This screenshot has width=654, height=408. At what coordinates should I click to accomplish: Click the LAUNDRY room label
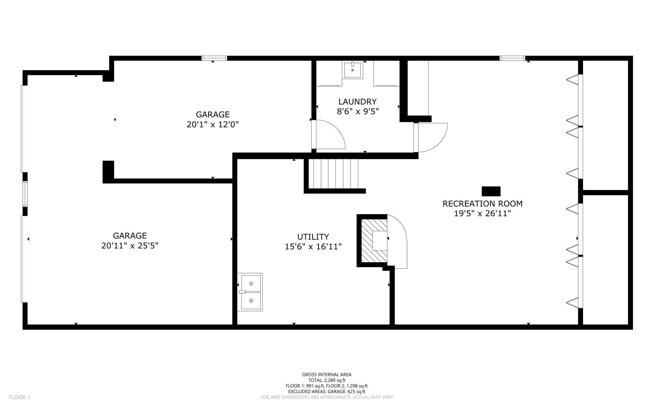tap(357, 101)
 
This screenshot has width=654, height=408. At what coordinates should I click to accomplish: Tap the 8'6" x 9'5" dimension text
tap(357, 112)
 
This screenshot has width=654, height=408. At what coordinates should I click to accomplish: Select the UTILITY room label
tap(313, 237)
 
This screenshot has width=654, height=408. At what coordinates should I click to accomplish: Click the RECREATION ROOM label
tap(482, 204)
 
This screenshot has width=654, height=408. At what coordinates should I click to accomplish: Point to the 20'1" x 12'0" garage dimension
tap(213, 124)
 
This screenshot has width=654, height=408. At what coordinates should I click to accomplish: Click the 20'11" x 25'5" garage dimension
tap(130, 246)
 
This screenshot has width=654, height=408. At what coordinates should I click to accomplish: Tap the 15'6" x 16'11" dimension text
tap(313, 247)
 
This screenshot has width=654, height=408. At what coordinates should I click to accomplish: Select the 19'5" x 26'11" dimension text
tap(482, 214)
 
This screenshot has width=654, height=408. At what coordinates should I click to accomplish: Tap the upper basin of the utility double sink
tap(251, 283)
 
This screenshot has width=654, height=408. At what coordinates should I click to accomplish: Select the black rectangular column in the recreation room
tap(491, 191)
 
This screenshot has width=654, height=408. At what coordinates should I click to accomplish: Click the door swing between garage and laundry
tap(329, 135)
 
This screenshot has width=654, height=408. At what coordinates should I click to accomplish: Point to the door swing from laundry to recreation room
tap(431, 137)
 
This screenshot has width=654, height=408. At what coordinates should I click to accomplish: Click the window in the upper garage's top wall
tap(214, 58)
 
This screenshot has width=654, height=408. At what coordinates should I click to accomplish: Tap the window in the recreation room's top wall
tap(512, 58)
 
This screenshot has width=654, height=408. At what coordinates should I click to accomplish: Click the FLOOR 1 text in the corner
tap(19, 397)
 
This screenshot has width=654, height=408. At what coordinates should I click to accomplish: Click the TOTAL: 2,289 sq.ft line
tap(326, 380)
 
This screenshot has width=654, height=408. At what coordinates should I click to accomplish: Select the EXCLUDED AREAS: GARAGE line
tap(326, 391)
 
